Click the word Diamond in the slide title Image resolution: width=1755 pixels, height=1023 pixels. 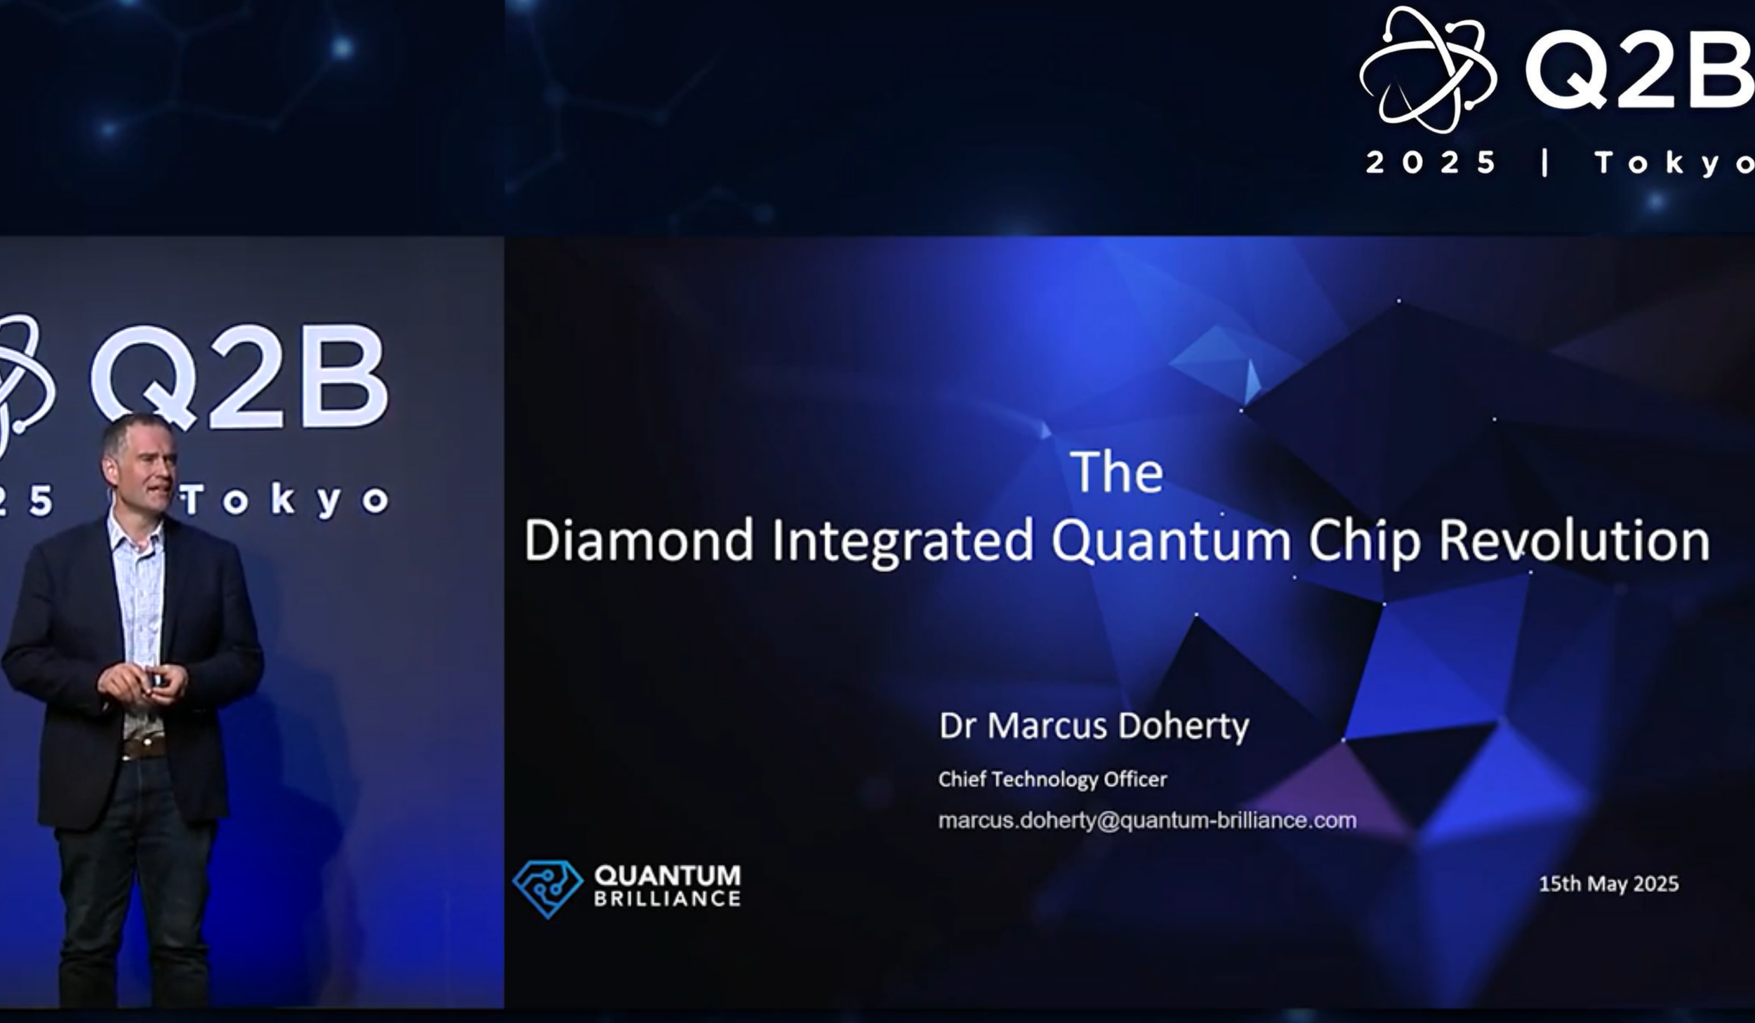(638, 540)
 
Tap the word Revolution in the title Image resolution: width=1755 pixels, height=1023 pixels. (1574, 540)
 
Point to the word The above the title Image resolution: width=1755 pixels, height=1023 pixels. (1116, 472)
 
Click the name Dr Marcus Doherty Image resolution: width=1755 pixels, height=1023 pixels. (1094, 726)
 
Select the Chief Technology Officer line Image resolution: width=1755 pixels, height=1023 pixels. (1052, 780)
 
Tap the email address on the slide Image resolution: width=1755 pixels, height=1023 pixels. (1147, 820)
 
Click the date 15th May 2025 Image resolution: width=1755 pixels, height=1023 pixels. (1608, 883)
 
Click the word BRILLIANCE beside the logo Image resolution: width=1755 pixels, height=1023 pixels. (667, 899)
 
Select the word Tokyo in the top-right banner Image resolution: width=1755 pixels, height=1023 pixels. (1674, 163)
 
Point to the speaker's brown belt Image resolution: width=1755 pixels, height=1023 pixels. (144, 747)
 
